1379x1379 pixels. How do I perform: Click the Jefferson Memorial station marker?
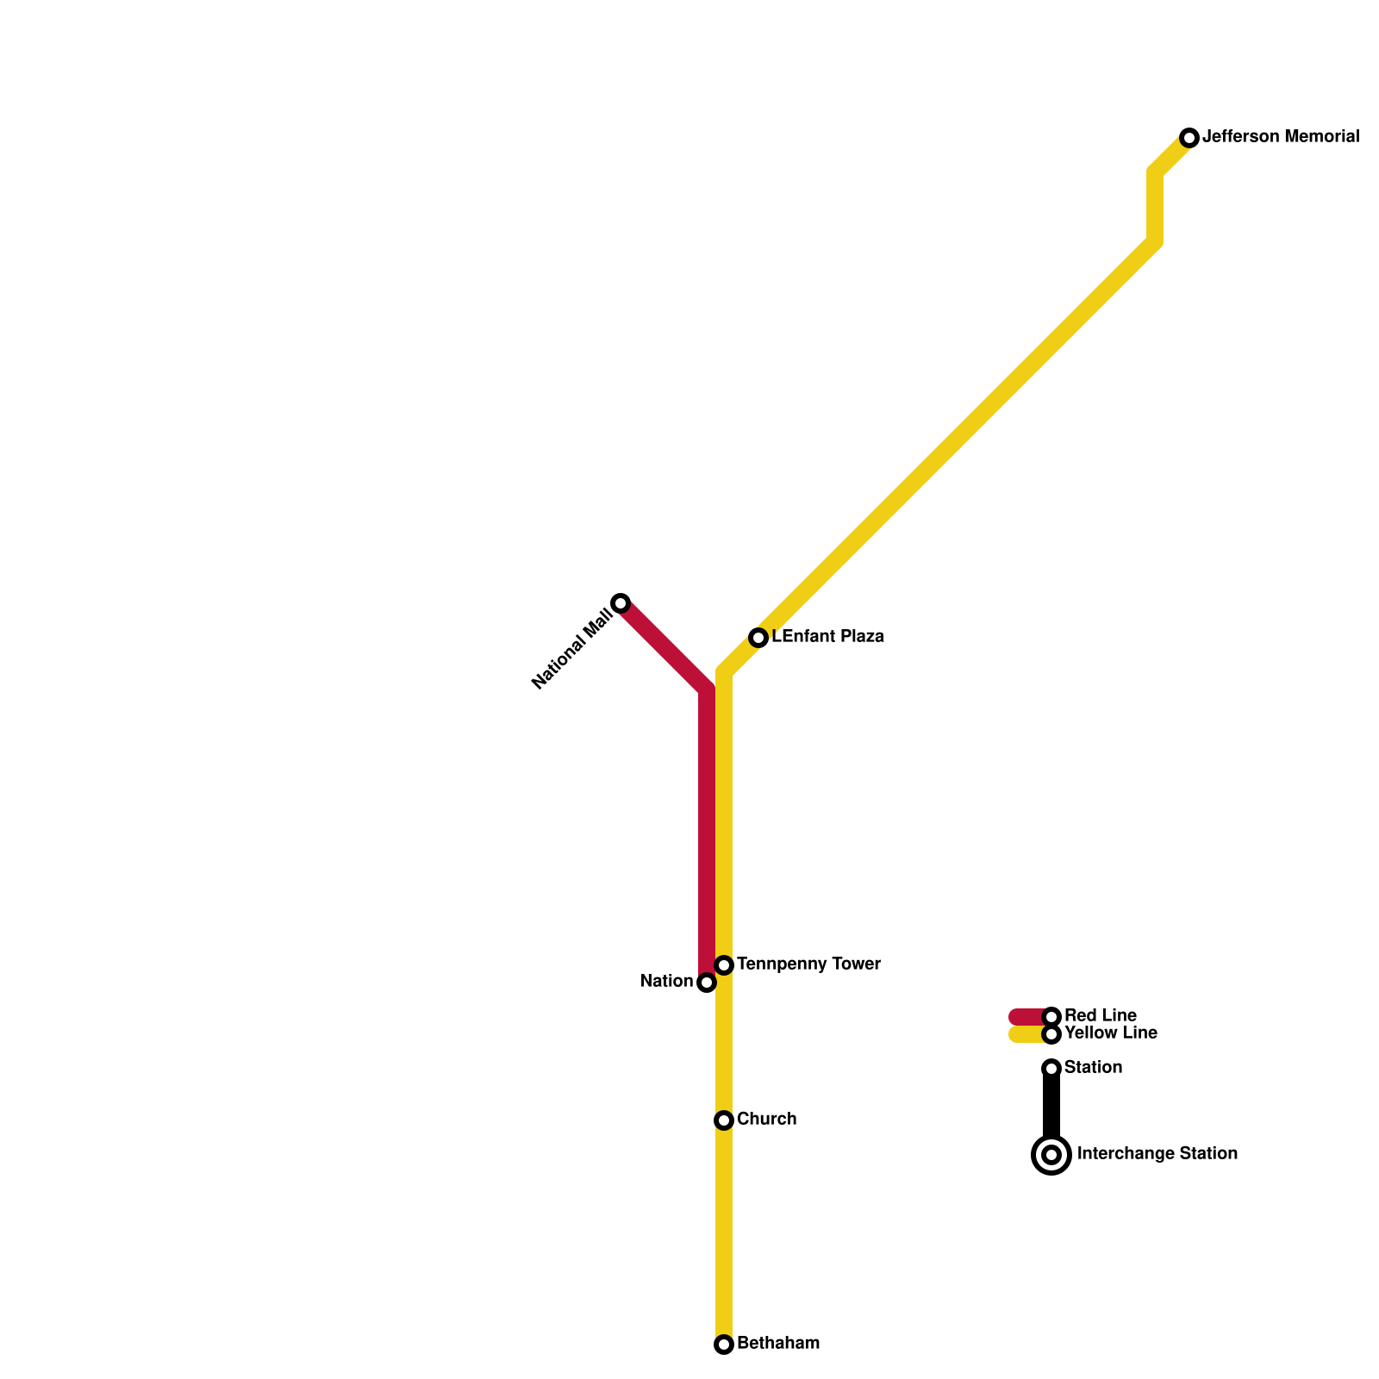(1189, 138)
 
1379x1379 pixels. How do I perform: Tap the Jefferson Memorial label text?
(1281, 136)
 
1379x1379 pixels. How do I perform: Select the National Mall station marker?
(621, 602)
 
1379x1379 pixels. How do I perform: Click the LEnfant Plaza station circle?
(758, 638)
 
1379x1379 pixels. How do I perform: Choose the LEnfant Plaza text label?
(827, 637)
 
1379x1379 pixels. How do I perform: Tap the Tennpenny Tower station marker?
(724, 965)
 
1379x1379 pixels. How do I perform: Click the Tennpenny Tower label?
(808, 964)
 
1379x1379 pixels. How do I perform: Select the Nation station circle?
(707, 983)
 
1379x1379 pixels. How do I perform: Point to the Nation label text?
(666, 982)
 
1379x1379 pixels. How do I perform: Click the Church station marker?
(724, 1120)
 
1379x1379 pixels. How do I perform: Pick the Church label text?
(766, 1119)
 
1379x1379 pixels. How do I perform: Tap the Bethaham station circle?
(724, 1345)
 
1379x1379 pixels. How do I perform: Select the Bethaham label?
(778, 1343)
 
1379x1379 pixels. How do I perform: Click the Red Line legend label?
(1100, 1015)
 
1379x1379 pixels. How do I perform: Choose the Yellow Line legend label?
(1110, 1033)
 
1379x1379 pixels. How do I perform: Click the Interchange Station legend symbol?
(1051, 1155)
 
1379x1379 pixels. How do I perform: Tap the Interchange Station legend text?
(1157, 1153)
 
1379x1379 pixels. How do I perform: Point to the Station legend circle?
(1051, 1069)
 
